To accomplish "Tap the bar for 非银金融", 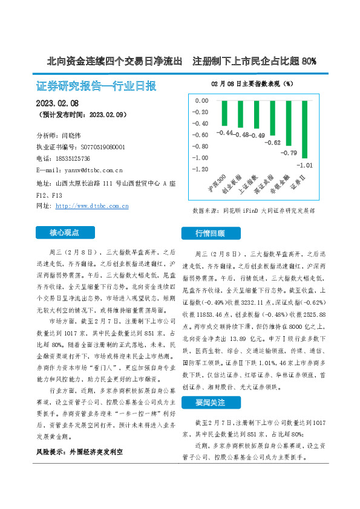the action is pyautogui.click(x=289, y=123).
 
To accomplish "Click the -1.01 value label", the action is pyautogui.click(x=304, y=164).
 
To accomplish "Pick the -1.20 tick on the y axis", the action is pyautogui.click(x=200, y=169).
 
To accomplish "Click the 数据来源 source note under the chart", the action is pyautogui.click(x=253, y=211).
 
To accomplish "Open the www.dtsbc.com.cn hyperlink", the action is pyautogui.click(x=92, y=206).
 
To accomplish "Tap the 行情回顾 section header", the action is pyautogui.click(x=209, y=233).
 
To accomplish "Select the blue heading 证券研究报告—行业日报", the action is pyautogui.click(x=96, y=85).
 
